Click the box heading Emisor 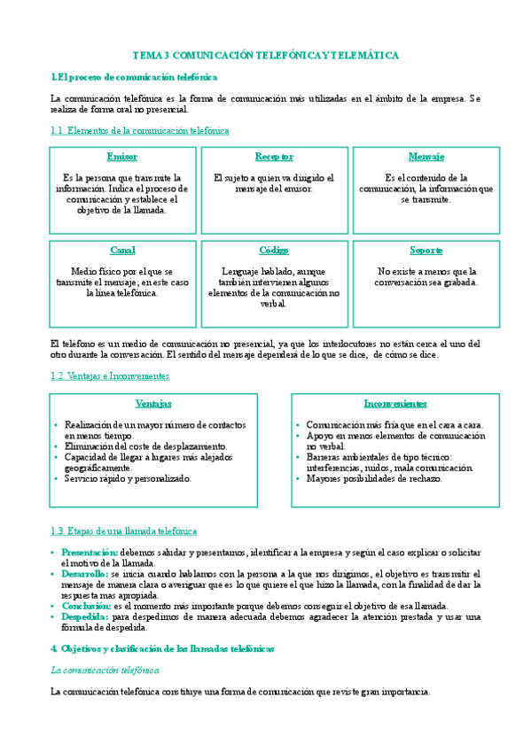pyautogui.click(x=121, y=157)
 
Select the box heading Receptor pyautogui.click(x=274, y=157)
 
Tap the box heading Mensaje pyautogui.click(x=426, y=157)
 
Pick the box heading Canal pyautogui.click(x=121, y=251)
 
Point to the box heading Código pyautogui.click(x=274, y=251)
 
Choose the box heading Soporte pyautogui.click(x=426, y=251)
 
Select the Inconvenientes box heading pyautogui.click(x=394, y=404)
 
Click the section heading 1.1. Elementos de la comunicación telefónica pyautogui.click(x=140, y=131)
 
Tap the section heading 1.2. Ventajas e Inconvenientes pyautogui.click(x=110, y=376)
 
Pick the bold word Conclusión pyautogui.click(x=85, y=606)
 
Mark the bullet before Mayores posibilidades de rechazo pyautogui.click(x=298, y=479)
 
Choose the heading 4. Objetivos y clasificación pyautogui.click(x=163, y=649)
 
